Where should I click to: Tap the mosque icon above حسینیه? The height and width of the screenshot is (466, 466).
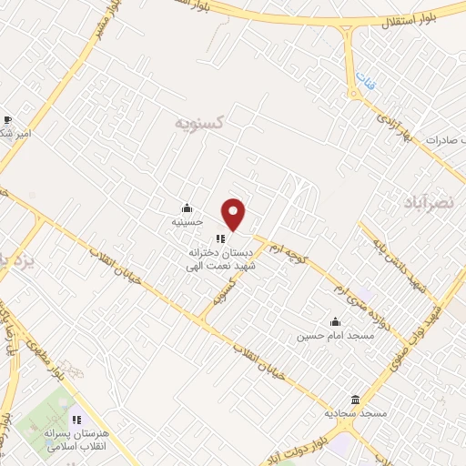point(187,208)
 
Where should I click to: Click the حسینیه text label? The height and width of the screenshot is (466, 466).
point(187,221)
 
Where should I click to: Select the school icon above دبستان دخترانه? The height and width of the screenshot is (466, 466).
point(219,239)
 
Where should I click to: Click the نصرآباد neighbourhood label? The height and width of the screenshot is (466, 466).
point(431,201)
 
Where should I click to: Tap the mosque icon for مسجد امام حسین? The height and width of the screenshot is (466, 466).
point(335,321)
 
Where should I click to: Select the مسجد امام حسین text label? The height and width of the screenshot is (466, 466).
point(323,335)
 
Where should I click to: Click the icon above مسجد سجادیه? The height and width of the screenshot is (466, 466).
point(355,400)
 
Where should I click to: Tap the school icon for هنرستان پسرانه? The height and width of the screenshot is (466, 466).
point(76,420)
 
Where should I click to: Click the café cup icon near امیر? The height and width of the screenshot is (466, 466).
point(7,119)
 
